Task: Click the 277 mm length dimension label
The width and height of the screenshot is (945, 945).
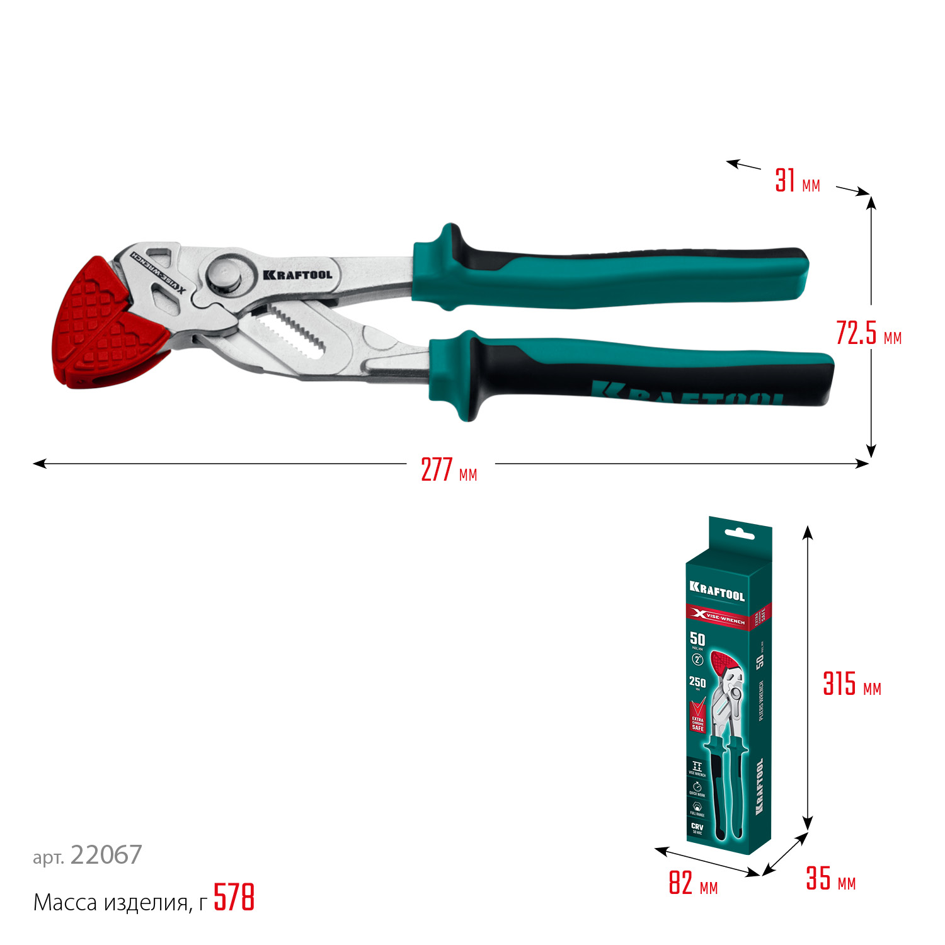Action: (449, 470)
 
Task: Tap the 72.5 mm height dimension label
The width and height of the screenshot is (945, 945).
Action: (868, 333)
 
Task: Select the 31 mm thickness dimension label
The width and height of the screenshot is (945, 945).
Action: (797, 181)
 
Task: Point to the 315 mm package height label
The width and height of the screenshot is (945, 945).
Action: (851, 684)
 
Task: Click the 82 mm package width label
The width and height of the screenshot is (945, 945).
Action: (692, 883)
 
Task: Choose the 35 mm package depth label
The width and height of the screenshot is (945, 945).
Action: (830, 878)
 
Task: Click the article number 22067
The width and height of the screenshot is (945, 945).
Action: (106, 855)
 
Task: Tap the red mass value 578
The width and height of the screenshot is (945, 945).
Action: (234, 898)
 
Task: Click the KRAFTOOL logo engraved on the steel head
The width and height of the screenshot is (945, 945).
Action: (297, 275)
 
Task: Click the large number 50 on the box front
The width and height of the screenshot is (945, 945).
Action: (697, 639)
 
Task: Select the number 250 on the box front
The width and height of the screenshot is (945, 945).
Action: (697, 682)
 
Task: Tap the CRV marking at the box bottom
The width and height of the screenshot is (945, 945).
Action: (697, 826)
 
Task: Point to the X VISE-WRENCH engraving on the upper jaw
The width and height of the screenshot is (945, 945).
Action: (157, 272)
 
